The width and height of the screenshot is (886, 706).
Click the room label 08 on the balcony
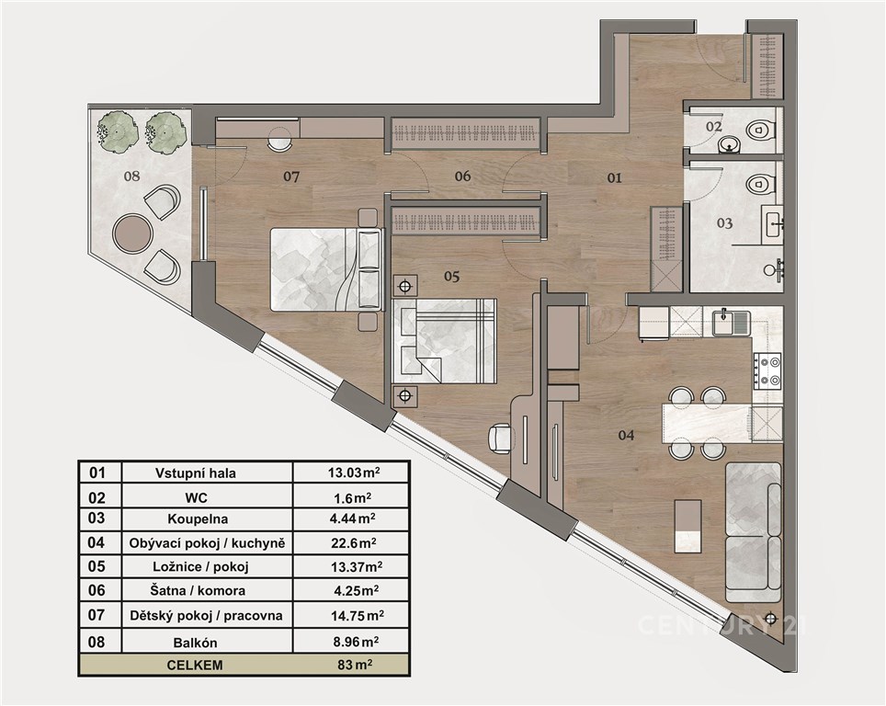click(131, 176)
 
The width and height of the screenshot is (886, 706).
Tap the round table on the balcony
click(132, 233)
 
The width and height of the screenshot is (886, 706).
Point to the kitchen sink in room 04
click(731, 322)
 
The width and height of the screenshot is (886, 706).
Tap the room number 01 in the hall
click(614, 178)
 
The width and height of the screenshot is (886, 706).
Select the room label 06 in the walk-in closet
click(462, 176)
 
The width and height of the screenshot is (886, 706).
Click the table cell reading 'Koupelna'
click(198, 518)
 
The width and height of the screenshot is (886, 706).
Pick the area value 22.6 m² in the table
click(354, 543)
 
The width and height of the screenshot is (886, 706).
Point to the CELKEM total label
click(195, 665)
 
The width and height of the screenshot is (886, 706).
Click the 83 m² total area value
click(355, 665)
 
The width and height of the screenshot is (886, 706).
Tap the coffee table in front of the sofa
click(688, 526)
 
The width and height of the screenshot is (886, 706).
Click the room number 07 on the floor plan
click(291, 176)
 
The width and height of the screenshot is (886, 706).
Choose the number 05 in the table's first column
click(97, 566)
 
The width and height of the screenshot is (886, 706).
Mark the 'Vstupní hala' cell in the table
click(196, 473)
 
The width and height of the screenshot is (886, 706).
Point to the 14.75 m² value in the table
click(358, 616)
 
